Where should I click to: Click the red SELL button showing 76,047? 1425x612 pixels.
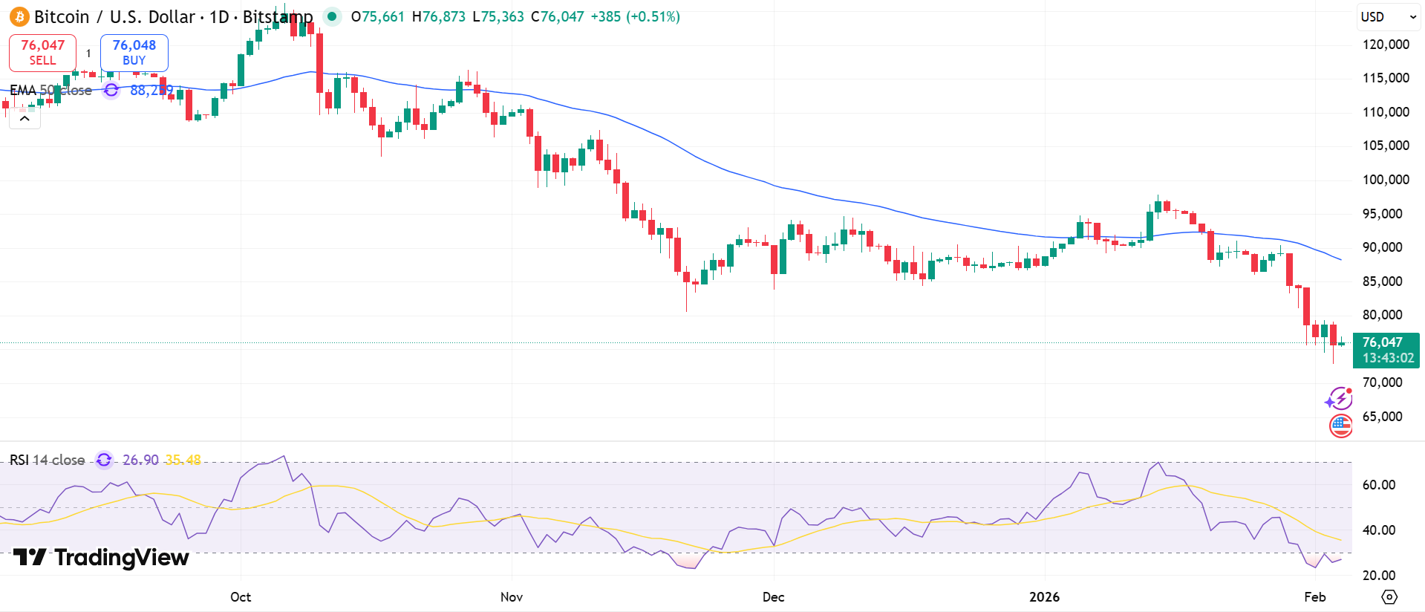click(42, 53)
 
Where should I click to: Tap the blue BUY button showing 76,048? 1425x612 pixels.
click(134, 53)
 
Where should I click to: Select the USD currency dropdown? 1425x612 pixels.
click(1387, 17)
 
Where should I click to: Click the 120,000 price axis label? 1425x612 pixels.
click(1385, 45)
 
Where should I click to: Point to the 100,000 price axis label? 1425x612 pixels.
click(1385, 180)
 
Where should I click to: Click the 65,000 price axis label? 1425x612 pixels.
click(1382, 417)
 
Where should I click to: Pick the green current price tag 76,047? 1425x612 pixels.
click(1385, 350)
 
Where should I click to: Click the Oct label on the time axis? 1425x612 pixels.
click(241, 597)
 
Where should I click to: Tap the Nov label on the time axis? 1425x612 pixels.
click(512, 597)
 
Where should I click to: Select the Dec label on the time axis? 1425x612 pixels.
click(773, 597)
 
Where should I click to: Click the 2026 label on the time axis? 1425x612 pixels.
click(1044, 597)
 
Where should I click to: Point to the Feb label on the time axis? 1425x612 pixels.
click(1314, 597)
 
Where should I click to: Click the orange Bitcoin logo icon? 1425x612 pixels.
click(19, 17)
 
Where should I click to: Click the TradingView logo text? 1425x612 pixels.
click(102, 558)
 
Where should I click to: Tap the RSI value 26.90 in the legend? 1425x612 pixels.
click(140, 460)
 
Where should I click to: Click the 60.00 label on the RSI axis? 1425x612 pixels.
click(1378, 485)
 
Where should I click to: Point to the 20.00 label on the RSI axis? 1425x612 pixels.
click(1378, 576)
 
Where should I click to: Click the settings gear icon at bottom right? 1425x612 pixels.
click(1389, 597)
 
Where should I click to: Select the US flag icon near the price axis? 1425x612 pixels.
click(1340, 426)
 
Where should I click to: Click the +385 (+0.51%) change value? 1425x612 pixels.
click(635, 17)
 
